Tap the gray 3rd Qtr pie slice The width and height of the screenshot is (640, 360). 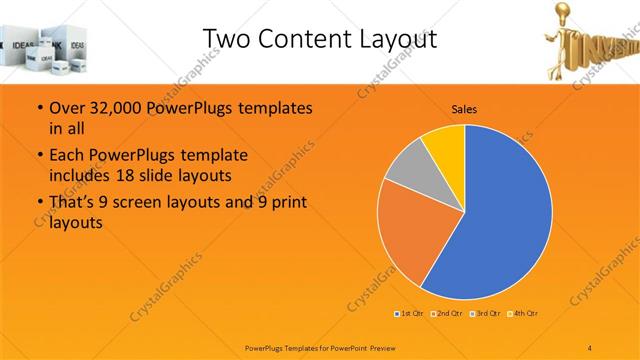(408, 172)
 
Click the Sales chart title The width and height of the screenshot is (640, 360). (463, 107)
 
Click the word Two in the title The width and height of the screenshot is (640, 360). (224, 38)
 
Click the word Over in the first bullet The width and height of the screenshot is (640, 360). (66, 107)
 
